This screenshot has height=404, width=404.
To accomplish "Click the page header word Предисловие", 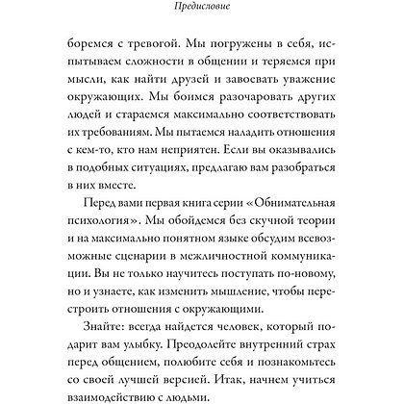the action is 202,8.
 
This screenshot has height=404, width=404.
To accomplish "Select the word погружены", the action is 247,43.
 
